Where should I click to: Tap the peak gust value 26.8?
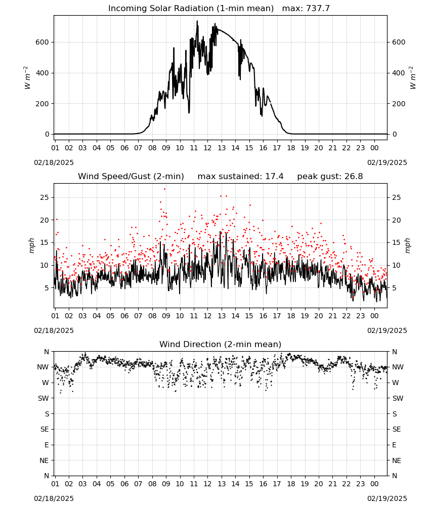point(352,177)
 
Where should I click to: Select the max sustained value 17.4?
point(274,177)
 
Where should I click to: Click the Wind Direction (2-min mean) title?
point(221,344)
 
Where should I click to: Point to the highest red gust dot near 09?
point(164,189)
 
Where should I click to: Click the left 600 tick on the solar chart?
point(42,43)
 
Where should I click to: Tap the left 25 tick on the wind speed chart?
point(45,197)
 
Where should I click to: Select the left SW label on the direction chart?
point(44,398)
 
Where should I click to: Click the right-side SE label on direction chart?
point(397,429)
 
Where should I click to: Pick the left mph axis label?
point(31,245)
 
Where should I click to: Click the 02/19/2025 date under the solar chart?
point(387,162)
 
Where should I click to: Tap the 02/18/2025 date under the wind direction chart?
point(54,498)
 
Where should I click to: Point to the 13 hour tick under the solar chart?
point(222,148)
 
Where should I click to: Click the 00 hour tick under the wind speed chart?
point(374,316)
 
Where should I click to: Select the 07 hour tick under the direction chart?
point(139,484)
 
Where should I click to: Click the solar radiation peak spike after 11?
point(197,21)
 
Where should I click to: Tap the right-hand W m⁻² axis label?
point(413,78)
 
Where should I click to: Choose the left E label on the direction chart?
point(47,445)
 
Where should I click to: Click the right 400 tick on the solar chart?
point(399,73)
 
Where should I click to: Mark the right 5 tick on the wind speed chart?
point(395,288)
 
